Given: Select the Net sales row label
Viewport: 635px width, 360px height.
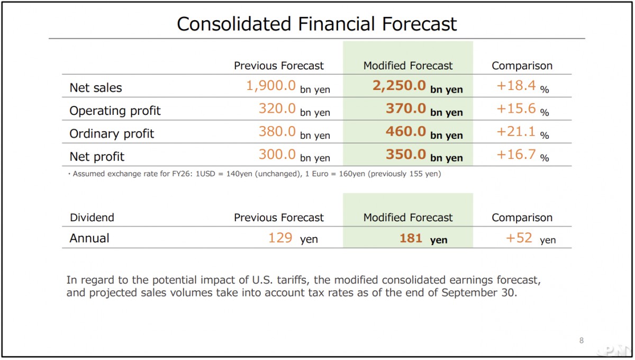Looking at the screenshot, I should coord(96,88).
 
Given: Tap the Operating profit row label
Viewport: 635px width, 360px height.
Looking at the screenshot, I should coord(115,111).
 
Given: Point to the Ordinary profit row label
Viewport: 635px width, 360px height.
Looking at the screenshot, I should coord(112,133).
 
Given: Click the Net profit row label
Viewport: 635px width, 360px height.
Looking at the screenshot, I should coord(97,157).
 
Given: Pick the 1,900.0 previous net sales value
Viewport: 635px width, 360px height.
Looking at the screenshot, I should coord(270,86).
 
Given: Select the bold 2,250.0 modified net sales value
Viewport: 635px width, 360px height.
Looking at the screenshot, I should coord(399,86).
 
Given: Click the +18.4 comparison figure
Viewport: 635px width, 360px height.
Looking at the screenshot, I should coord(516,86).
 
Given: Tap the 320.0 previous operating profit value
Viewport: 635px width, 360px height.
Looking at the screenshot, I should coord(277,109).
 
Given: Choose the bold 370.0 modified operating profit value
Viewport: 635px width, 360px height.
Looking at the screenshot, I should coord(405,109).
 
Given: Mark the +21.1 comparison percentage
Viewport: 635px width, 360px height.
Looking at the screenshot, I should coord(516,131).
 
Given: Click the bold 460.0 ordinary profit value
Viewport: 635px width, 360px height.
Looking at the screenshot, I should coord(405,131).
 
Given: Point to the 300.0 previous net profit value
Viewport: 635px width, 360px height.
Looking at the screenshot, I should coord(277,154).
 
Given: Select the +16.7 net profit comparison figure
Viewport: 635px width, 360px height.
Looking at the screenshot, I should coord(516,154).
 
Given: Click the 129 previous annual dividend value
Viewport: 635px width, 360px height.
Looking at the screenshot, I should coord(280,238).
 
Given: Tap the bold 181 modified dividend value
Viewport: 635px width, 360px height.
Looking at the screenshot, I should coord(411,238).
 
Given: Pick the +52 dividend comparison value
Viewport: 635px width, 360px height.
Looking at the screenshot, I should coord(519,238).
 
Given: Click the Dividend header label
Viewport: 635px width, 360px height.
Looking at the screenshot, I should coord(92,218).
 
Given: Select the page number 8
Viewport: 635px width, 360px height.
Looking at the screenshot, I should coord(582,340).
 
